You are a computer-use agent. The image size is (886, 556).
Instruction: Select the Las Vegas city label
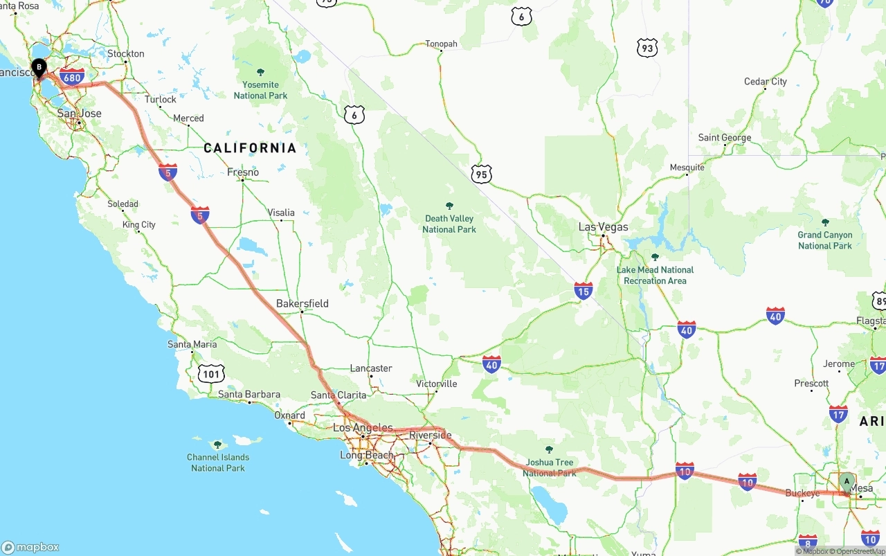pyautogui.click(x=604, y=227)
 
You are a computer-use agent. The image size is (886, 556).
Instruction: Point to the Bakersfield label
pyautogui.click(x=302, y=303)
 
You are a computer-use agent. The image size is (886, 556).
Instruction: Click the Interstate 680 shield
pyautogui.click(x=72, y=77)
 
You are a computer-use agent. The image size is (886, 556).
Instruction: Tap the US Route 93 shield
pyautogui.click(x=647, y=48)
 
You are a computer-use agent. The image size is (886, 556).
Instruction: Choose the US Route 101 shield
pyautogui.click(x=211, y=375)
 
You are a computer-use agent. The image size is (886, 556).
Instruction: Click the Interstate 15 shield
pyautogui.click(x=584, y=291)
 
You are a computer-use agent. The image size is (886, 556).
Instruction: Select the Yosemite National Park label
pyautogui.click(x=260, y=90)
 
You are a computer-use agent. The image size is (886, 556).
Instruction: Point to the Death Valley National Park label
pyautogui.click(x=449, y=224)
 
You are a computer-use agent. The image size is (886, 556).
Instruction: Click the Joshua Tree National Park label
pyautogui.click(x=550, y=467)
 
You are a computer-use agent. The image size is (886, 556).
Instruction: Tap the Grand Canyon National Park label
pyautogui.click(x=825, y=240)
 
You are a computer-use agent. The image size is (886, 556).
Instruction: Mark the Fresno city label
pyautogui.click(x=243, y=172)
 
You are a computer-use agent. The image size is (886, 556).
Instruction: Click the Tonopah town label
pyautogui.click(x=442, y=44)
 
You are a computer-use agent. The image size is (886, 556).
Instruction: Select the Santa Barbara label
pyautogui.click(x=249, y=395)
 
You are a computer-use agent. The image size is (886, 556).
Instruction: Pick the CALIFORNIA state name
pyautogui.click(x=250, y=147)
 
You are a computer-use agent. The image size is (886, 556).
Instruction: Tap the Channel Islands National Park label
pyautogui.click(x=218, y=462)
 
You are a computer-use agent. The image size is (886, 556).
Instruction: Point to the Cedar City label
pyautogui.click(x=766, y=82)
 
